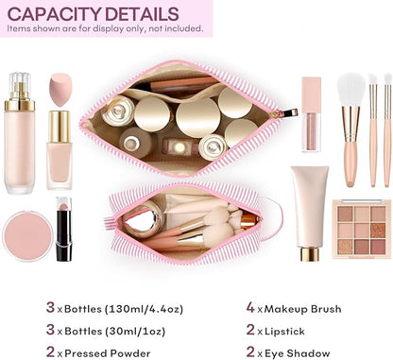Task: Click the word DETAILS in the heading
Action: pos(142,13)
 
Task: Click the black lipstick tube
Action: pos(62,230)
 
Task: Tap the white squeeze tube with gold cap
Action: pos(310,209)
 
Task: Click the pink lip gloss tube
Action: pos(311,113)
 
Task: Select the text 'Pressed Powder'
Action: pos(107,352)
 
